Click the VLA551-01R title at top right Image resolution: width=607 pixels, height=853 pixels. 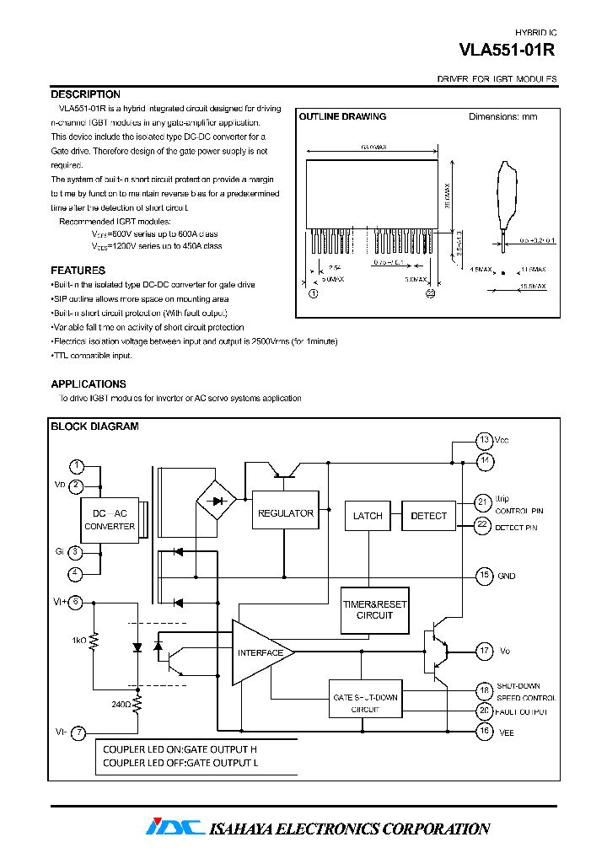507,50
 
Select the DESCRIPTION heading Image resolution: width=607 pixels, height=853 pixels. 85,94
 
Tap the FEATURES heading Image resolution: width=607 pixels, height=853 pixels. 78,271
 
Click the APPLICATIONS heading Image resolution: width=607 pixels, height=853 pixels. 88,384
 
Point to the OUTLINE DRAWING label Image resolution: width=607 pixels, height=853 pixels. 342,116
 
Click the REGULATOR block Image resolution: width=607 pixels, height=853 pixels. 285,513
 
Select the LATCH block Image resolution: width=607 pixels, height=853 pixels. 368,516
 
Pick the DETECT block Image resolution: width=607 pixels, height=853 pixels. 428,516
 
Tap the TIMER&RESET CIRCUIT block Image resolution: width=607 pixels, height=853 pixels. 374,610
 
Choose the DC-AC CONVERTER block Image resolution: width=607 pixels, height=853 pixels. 110,520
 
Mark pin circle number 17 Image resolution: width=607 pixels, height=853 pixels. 484,651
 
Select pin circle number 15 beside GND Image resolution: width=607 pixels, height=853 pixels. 484,576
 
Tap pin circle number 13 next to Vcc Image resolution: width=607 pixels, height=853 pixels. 484,440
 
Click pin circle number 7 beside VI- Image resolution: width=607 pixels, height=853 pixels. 77,732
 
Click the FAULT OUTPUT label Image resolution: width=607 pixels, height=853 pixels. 521,712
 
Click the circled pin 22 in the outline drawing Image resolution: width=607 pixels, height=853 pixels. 430,293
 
